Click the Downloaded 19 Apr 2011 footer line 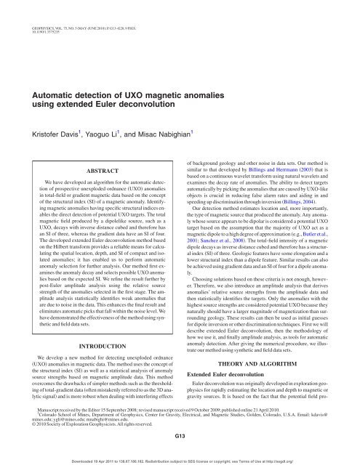180,460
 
